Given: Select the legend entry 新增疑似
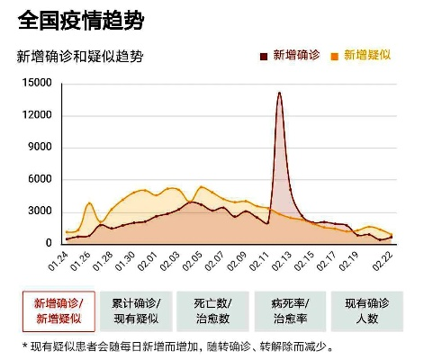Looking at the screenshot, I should [365, 56].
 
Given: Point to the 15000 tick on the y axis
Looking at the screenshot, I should [37, 83].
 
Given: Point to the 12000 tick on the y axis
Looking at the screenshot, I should [37, 115].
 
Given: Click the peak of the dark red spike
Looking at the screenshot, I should [279, 93].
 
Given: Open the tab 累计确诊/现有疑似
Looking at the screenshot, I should [135, 310].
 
